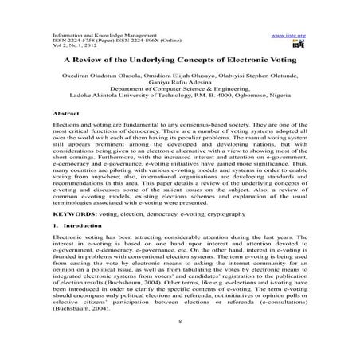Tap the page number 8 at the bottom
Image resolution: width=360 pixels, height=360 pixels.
pos(180,344)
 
